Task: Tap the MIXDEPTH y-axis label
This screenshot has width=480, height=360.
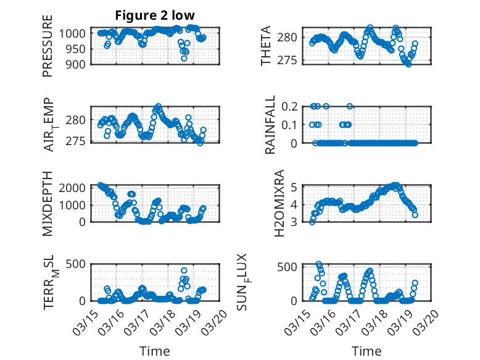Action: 48,203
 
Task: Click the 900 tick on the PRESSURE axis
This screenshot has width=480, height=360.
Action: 77,64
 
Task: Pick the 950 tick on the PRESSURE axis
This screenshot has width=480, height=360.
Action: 77,48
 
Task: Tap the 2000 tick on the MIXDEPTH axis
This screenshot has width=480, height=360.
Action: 74,187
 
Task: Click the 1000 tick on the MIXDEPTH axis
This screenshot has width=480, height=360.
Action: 74,204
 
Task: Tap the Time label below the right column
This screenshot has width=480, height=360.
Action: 366,351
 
